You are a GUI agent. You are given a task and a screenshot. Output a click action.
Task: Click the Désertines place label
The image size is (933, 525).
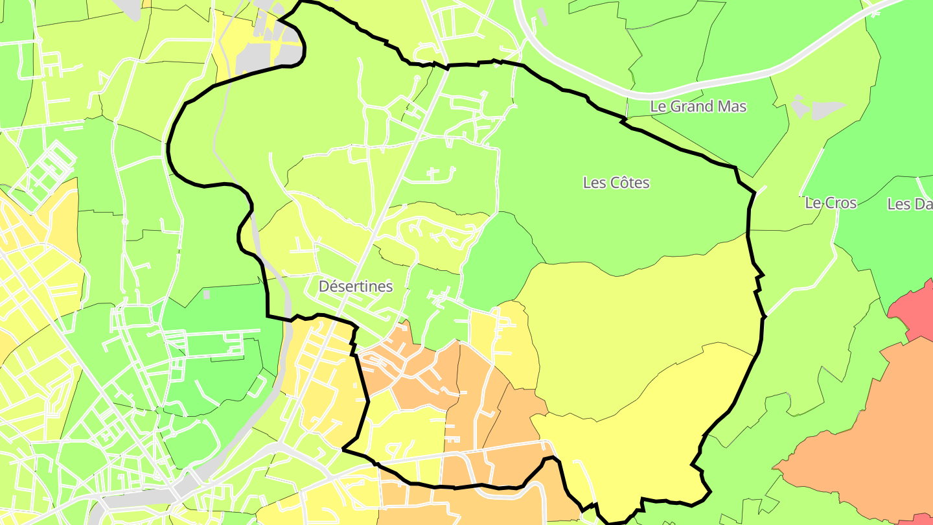point(355,286)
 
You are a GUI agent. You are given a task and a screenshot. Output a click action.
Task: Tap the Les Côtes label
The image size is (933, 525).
point(616,183)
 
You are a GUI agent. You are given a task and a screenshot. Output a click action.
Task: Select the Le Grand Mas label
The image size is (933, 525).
point(698,106)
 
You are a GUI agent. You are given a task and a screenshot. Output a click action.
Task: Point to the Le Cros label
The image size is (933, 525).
point(831,203)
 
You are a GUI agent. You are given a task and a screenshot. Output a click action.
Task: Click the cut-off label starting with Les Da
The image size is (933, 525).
point(909,204)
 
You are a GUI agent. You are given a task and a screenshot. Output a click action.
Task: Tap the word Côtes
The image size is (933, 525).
point(630,183)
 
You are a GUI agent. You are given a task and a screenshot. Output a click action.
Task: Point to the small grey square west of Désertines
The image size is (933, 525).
point(206,294)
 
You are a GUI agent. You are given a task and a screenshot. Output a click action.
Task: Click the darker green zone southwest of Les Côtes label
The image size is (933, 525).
point(502,259)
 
